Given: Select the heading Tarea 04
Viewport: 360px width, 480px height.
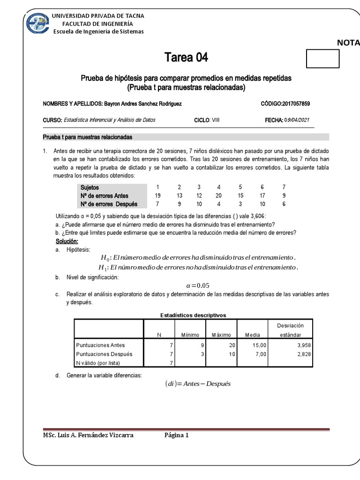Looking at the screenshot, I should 186,58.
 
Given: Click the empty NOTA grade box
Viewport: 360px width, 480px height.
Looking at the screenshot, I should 322,59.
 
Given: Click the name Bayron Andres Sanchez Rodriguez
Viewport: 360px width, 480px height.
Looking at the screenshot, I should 143,104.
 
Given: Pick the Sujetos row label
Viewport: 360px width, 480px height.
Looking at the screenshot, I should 90,187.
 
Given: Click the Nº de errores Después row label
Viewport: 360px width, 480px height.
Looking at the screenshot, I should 109,204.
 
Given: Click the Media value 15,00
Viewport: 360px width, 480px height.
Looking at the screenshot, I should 259,345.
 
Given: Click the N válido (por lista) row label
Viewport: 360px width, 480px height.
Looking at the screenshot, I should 98,363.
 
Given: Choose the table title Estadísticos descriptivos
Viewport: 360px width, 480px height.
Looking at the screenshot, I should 193,315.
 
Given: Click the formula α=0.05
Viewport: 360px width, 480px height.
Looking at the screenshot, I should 197,286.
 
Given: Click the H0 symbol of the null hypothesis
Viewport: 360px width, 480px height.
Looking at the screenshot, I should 105,258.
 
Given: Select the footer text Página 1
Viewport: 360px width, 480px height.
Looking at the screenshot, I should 176,435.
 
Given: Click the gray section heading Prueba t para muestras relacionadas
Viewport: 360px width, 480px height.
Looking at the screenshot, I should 88,137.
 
